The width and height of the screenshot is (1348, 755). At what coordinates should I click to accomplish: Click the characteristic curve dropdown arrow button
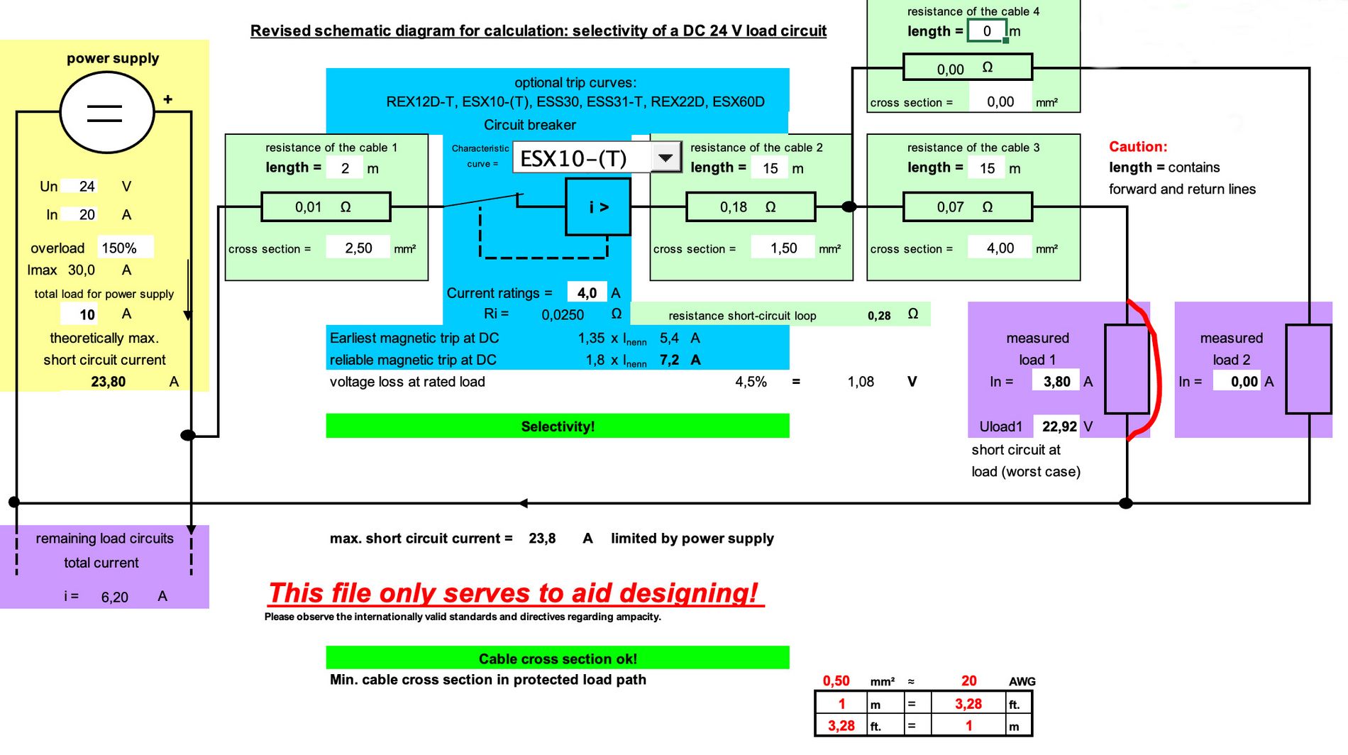point(665,157)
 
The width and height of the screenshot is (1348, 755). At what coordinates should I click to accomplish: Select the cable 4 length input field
point(986,31)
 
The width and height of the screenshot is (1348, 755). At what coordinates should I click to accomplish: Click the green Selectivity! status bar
point(558,426)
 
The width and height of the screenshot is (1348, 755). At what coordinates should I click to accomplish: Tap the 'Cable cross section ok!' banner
point(558,658)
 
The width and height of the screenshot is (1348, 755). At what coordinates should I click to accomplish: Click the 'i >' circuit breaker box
point(598,207)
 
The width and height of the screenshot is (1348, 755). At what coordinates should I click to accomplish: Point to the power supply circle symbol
point(106,112)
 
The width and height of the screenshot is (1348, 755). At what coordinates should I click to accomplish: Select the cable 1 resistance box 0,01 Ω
point(326,207)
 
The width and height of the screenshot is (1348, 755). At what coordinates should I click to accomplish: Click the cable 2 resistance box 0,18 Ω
point(751,207)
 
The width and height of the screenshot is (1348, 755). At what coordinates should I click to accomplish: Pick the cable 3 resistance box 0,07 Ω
point(967,207)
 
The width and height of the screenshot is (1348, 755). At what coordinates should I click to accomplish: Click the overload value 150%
point(119,248)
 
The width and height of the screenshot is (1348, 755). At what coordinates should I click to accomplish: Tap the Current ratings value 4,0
point(587,293)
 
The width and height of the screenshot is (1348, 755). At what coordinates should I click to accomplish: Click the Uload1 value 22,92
point(1059,426)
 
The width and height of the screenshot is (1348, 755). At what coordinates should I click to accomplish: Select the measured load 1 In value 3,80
point(1056,382)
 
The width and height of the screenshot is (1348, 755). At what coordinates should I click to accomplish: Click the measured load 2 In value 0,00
point(1244,382)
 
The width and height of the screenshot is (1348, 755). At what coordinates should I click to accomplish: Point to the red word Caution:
point(1138,147)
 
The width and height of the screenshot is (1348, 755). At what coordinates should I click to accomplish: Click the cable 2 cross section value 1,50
point(784,248)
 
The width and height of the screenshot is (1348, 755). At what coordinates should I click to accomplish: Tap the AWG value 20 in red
point(968,681)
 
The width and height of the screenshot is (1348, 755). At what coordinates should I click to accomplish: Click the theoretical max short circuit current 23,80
point(108,382)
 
